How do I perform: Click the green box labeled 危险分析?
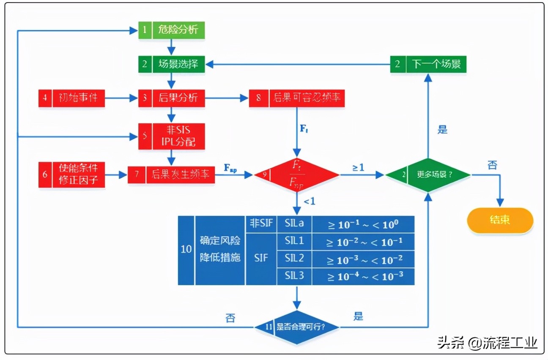click(x=172, y=30)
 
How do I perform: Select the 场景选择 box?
click(x=172, y=64)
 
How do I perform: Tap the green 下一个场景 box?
click(x=428, y=64)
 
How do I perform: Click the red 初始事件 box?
click(x=71, y=98)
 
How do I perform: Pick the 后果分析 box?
click(x=172, y=98)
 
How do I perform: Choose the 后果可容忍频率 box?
click(x=297, y=98)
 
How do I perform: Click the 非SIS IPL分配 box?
click(x=172, y=136)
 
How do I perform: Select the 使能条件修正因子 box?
click(x=71, y=175)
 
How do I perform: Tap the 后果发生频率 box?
click(x=171, y=175)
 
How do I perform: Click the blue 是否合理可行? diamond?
click(x=297, y=327)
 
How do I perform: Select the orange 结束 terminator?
click(x=500, y=220)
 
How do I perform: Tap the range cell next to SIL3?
click(x=363, y=276)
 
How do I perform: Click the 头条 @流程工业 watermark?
click(x=487, y=343)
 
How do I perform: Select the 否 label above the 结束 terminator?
click(x=492, y=165)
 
